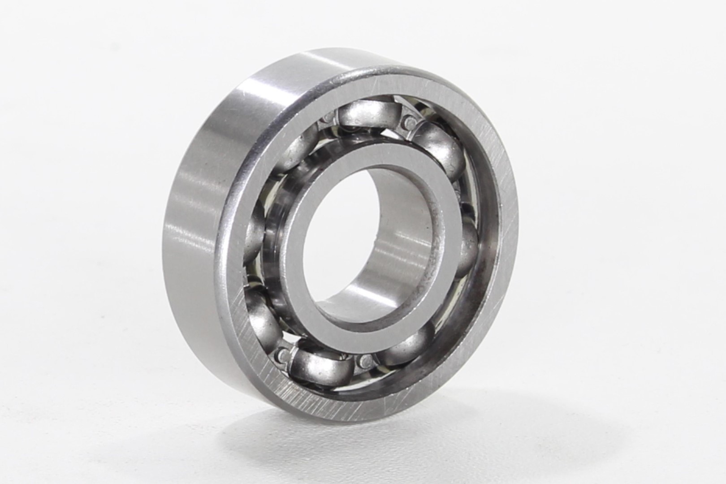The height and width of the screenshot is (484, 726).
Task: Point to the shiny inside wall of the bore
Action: click(x=403, y=251)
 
